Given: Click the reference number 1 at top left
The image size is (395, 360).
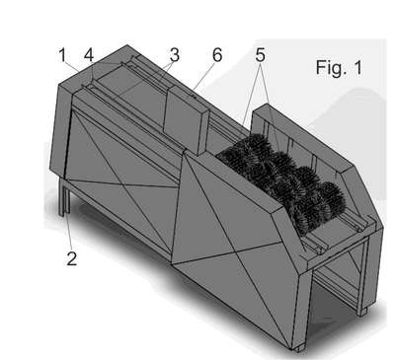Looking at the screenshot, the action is [62, 55].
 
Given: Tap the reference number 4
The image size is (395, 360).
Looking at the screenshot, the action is [89, 55].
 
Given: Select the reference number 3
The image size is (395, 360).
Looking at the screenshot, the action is [175, 55].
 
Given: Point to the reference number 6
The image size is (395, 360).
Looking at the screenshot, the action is [217, 55].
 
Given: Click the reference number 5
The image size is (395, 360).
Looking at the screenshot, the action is [260, 55].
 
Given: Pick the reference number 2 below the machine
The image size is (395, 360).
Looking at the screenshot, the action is [72, 258].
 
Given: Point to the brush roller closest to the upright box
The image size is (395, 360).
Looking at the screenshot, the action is [245, 152].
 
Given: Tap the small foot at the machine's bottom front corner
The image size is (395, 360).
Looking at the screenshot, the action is [299, 348].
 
